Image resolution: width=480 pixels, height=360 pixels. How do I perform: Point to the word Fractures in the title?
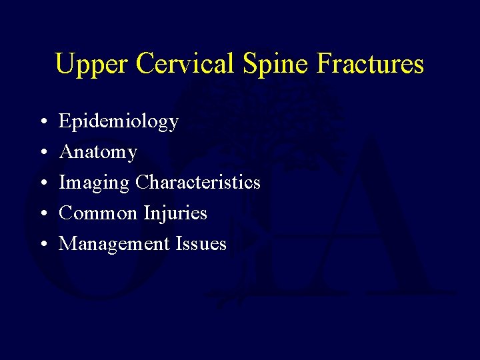pos(371,64)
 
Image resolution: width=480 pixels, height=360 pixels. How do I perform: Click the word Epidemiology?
pos(119,122)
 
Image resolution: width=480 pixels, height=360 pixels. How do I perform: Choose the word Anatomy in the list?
pos(98,153)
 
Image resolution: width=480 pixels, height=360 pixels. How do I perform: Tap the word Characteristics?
pos(197,182)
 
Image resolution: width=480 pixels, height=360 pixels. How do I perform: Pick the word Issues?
pos(201,244)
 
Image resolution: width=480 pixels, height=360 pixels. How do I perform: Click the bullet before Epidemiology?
pos(42,123)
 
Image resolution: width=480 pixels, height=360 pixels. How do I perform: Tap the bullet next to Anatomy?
pos(42,153)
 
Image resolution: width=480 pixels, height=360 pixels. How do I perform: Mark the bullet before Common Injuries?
pos(42,215)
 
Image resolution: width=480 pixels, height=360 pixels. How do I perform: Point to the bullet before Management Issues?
pos(42,245)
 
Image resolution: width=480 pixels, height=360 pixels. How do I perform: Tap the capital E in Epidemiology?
pos(65,121)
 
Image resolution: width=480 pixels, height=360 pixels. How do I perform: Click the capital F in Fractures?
pos(325,64)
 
